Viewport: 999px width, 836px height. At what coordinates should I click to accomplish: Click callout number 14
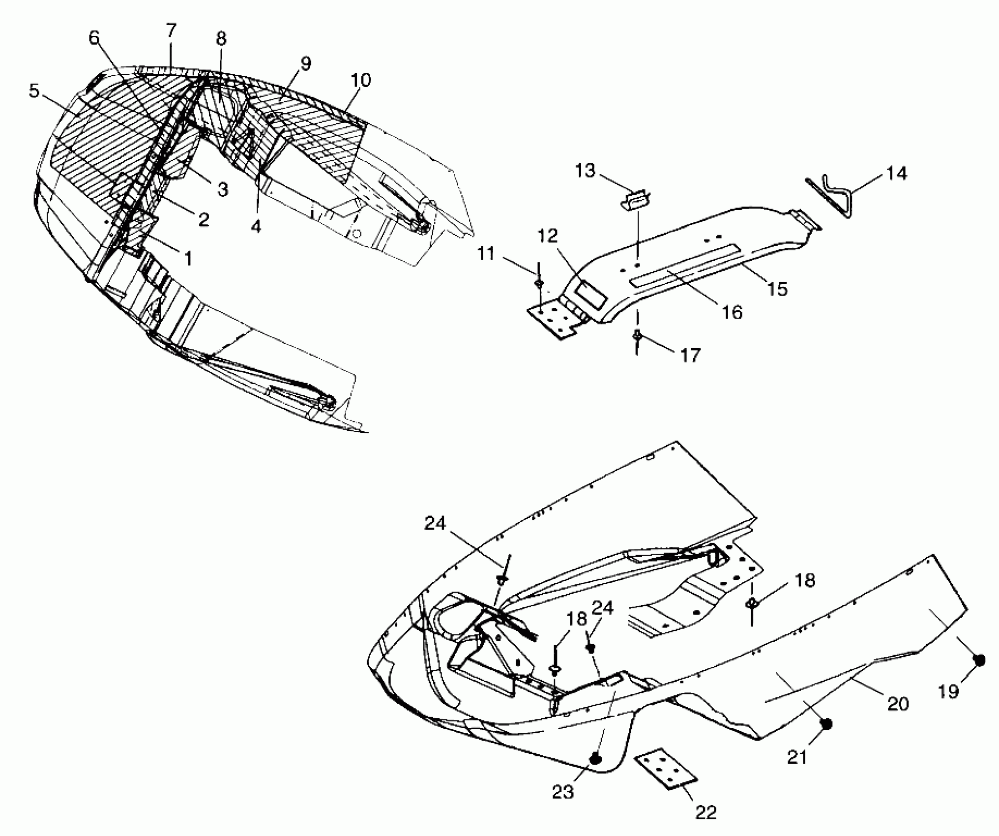pos(896,174)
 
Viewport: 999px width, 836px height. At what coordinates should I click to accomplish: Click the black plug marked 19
pos(978,660)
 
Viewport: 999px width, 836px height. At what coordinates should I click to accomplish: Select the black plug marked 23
pos(596,759)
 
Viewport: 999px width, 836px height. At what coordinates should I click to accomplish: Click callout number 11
pos(486,255)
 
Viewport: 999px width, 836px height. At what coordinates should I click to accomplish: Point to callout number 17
pos(691,355)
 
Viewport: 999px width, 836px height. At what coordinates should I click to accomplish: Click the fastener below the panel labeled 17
pos(637,336)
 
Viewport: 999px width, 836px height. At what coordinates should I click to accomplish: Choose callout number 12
pos(548,237)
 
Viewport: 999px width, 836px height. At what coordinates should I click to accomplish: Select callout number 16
pos(733,311)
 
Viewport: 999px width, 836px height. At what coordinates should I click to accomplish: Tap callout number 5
pos(33,90)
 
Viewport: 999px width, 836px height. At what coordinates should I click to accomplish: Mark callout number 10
pos(361,80)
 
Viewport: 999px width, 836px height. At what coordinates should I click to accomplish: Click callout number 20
pos(897,704)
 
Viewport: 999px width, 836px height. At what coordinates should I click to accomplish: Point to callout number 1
pos(188,258)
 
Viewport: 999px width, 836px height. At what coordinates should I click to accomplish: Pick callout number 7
pos(170,30)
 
